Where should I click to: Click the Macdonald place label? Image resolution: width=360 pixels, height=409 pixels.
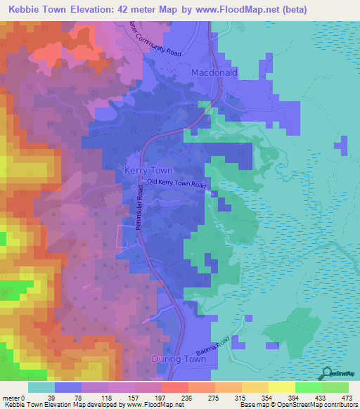[214, 72]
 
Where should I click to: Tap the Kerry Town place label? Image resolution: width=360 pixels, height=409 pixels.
[148, 171]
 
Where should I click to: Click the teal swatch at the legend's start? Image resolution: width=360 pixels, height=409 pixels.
[41, 387]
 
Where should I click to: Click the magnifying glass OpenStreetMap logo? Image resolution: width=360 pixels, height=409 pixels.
[326, 372]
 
